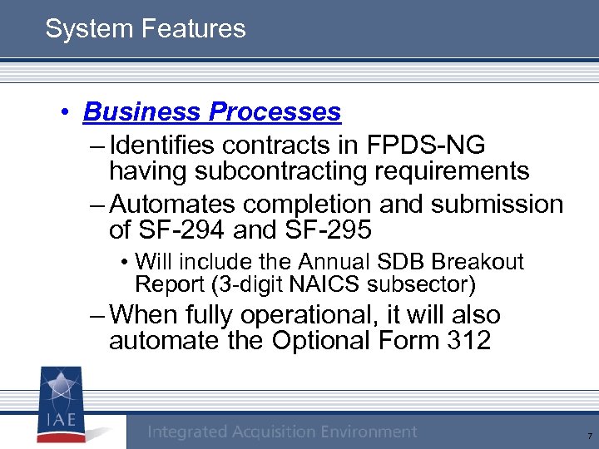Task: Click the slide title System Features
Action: coord(146,29)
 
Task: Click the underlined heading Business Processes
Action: coord(212,111)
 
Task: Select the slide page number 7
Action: coord(589,436)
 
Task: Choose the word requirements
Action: coord(457,171)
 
